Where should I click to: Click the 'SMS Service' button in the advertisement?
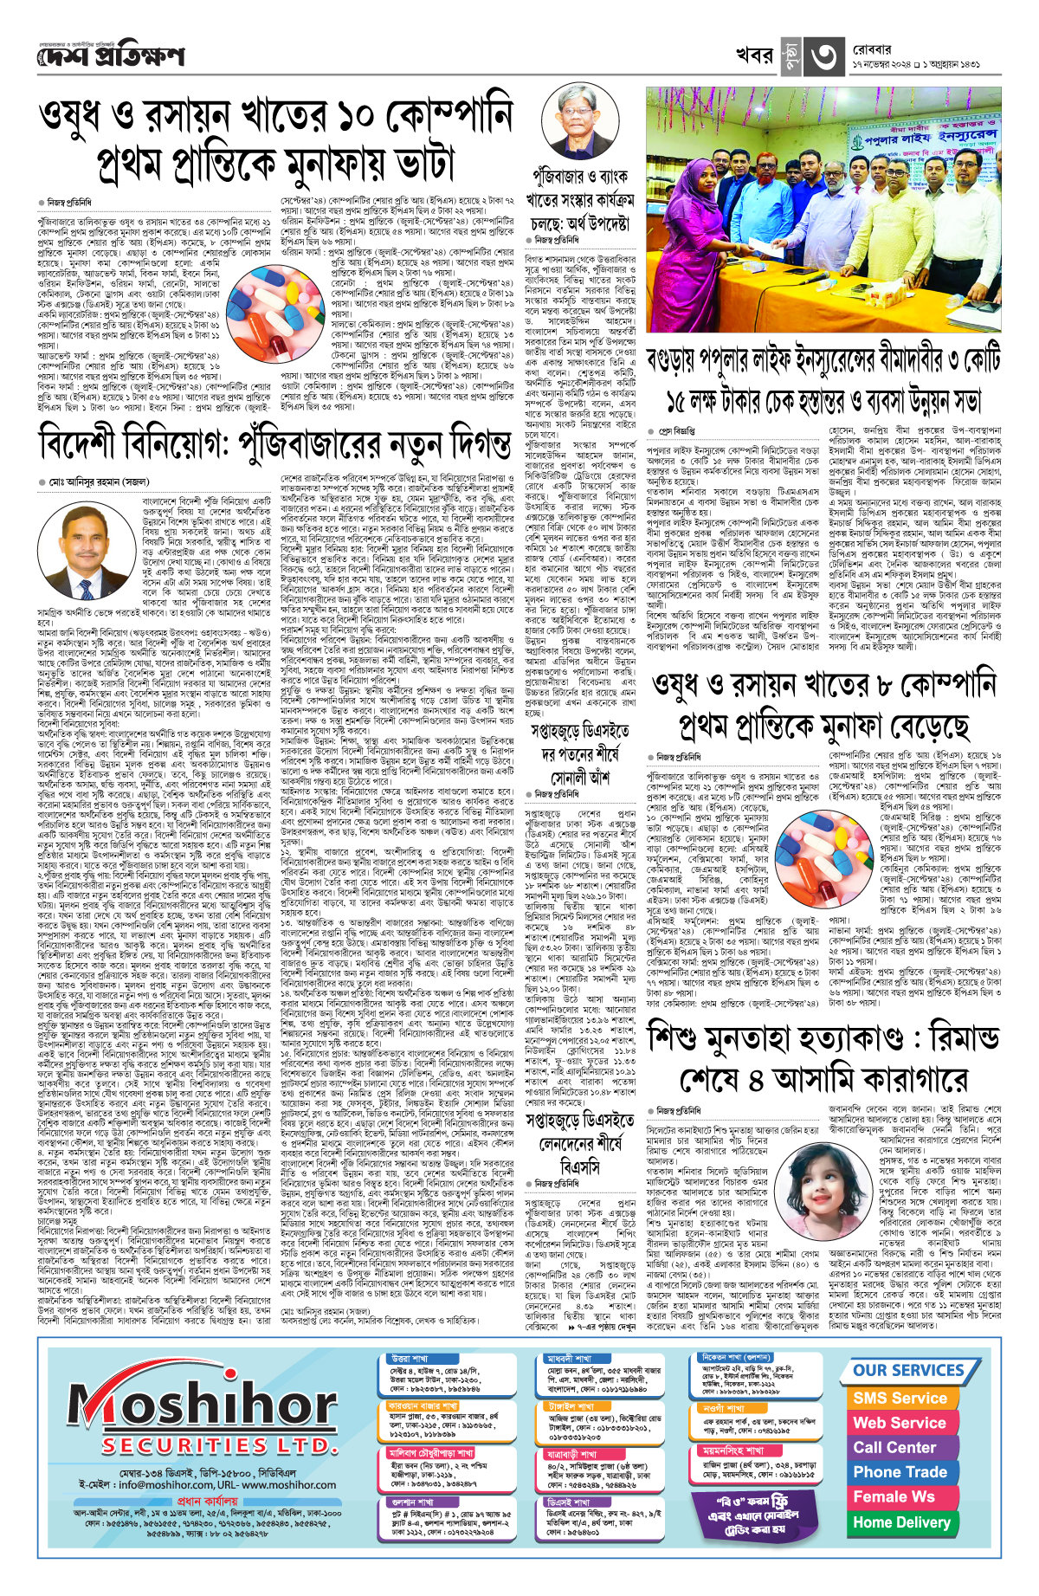[900, 1398]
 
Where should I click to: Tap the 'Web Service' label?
[900, 1423]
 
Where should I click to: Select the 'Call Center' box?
[894, 1447]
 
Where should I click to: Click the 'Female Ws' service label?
[894, 1496]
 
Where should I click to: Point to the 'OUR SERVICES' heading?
[908, 1370]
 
